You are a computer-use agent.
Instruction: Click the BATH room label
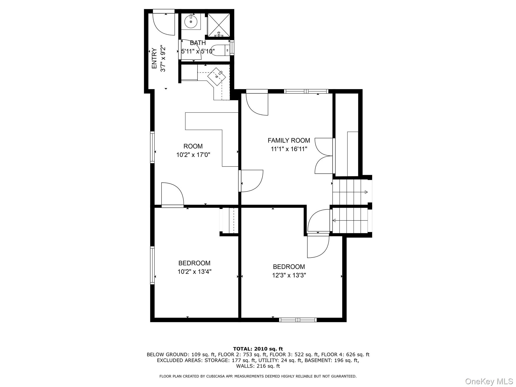[x=198, y=43]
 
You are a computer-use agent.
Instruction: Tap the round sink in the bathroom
[x=191, y=22]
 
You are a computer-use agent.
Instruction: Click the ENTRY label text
[x=154, y=58]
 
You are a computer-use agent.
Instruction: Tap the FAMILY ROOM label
[x=289, y=140]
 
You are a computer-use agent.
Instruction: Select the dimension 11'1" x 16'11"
[x=289, y=149]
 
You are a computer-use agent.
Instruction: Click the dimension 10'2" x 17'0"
[x=193, y=155]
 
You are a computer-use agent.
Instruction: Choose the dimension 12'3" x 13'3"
[x=289, y=275]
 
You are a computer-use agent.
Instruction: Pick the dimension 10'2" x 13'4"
[x=194, y=272]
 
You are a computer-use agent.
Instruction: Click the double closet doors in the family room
[x=324, y=156]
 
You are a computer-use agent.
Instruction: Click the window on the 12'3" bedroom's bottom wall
[x=298, y=320]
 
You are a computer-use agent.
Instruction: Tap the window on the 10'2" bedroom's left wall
[x=152, y=265]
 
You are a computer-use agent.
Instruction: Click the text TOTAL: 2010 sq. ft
[x=258, y=349]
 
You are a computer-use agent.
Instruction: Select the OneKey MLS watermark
[x=489, y=381]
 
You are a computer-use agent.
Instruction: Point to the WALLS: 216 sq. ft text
[x=258, y=366]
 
